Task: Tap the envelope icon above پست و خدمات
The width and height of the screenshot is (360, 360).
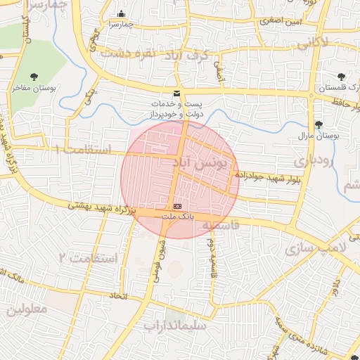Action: [x=176, y=94]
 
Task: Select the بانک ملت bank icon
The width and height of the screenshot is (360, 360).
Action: [x=177, y=205]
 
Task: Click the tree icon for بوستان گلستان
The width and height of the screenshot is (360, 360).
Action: [x=342, y=75]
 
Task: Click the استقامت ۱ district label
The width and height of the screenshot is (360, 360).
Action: [x=83, y=149]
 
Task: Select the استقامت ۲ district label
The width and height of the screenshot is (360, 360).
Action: [x=89, y=257]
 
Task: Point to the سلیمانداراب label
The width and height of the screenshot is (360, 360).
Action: [x=175, y=325]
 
